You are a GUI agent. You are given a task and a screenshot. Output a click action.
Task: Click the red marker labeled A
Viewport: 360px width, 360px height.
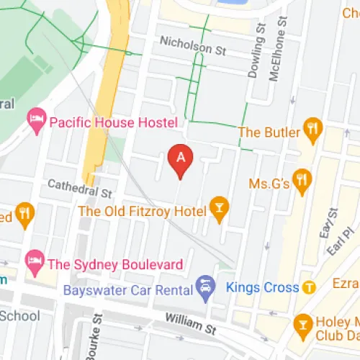point(181,160)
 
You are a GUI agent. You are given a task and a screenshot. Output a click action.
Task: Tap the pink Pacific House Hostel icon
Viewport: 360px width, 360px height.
point(36,121)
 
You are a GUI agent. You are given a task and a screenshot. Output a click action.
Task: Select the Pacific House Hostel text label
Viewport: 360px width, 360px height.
point(113,122)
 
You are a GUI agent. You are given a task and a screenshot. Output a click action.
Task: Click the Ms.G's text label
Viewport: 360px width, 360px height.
point(269,184)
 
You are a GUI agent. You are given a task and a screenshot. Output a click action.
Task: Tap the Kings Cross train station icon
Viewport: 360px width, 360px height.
point(310,287)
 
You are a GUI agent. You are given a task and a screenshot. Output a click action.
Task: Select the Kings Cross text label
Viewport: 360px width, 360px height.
point(262,288)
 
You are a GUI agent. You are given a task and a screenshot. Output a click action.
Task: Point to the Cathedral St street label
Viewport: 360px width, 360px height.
point(80,189)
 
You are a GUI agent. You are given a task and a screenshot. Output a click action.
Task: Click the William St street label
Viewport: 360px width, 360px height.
point(190,322)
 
